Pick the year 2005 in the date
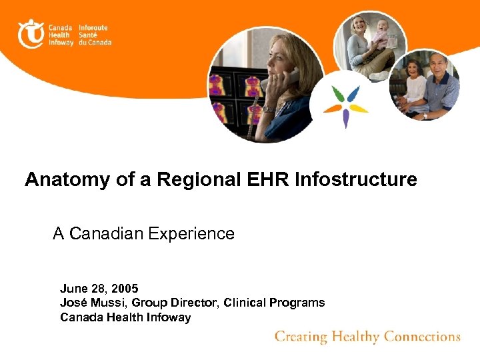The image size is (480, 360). [125, 289]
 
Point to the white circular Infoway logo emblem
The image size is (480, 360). [31, 33]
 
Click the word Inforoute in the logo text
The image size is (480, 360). [93, 27]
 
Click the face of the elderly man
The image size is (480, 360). [438, 67]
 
